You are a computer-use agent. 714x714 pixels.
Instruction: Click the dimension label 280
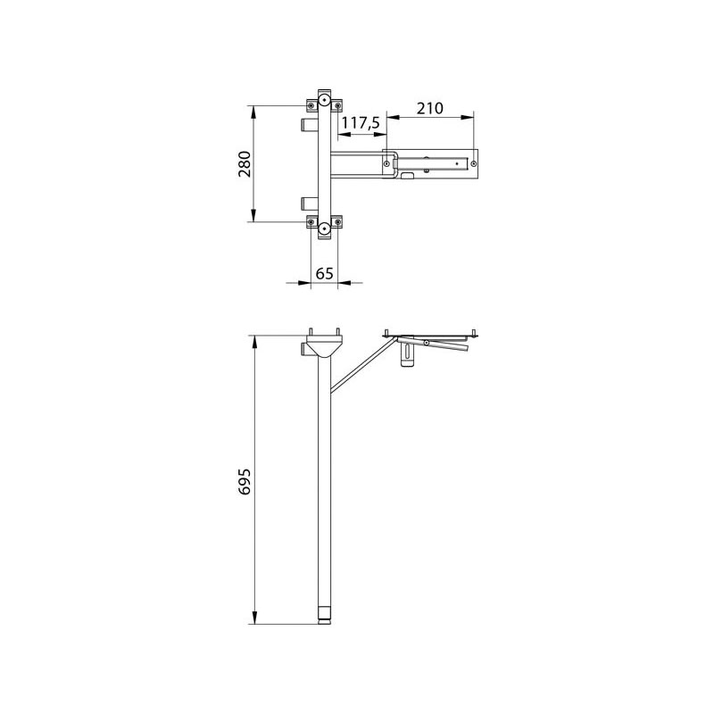pos(245,164)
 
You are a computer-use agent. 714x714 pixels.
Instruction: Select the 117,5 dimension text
pos(361,122)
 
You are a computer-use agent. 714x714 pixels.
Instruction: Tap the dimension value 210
pos(430,108)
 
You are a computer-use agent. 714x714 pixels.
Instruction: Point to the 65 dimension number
pos(325,274)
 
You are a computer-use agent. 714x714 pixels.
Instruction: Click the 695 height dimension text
pos(245,481)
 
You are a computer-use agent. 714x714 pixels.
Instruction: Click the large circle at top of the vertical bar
pos(324,100)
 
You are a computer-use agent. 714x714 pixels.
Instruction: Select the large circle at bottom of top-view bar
pos(324,228)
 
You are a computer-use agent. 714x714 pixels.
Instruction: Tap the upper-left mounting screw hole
pos(311,106)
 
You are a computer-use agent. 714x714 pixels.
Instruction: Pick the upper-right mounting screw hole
pos(338,106)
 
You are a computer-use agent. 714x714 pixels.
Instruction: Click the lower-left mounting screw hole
pos(311,222)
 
